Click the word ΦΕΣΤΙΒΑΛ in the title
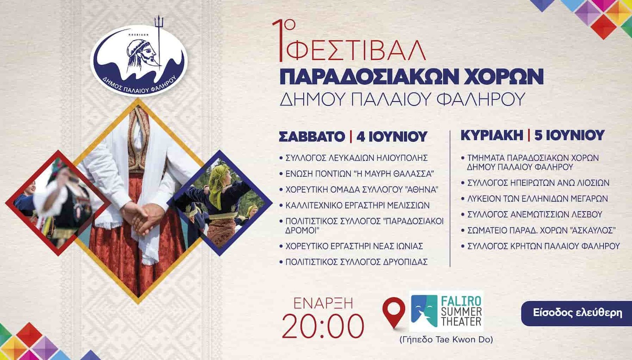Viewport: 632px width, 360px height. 356,51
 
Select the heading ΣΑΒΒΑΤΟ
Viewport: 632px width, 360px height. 312,137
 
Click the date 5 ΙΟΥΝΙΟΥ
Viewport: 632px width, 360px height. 569,135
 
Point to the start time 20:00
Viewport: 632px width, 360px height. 323,326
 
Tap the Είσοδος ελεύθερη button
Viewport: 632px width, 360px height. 577,313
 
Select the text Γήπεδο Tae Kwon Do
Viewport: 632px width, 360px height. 446,339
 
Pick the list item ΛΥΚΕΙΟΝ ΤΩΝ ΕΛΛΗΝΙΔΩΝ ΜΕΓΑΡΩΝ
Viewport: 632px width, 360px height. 538,198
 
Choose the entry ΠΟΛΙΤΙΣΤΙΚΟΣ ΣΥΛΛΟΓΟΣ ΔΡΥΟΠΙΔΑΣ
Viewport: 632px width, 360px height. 357,262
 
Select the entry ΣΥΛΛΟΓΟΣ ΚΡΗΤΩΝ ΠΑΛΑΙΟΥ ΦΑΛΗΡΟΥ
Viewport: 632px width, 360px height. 544,246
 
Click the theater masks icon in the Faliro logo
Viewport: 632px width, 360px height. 424,311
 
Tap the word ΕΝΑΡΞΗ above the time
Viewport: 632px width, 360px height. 323,303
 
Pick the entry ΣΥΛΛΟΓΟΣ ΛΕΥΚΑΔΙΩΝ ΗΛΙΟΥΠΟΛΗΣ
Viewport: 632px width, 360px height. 357,158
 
